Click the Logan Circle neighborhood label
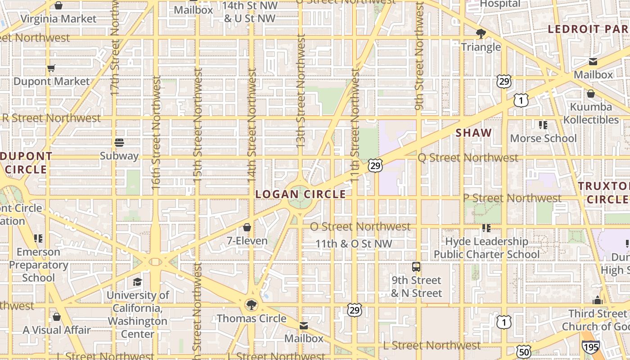click(x=301, y=194)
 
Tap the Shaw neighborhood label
click(x=473, y=133)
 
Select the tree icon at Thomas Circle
click(x=252, y=305)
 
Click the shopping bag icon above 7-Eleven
click(x=247, y=227)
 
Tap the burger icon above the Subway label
click(x=119, y=143)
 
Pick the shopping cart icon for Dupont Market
click(x=51, y=68)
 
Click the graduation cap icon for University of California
click(x=137, y=282)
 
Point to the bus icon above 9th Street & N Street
click(x=416, y=267)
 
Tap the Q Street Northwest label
click(x=468, y=158)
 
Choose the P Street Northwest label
click(x=512, y=198)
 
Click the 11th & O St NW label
click(x=354, y=244)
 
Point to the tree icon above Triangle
click(x=481, y=34)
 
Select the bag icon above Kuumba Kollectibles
click(x=590, y=94)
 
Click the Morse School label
click(x=543, y=138)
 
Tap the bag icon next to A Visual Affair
click(x=57, y=317)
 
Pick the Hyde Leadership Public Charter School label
click(x=486, y=248)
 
